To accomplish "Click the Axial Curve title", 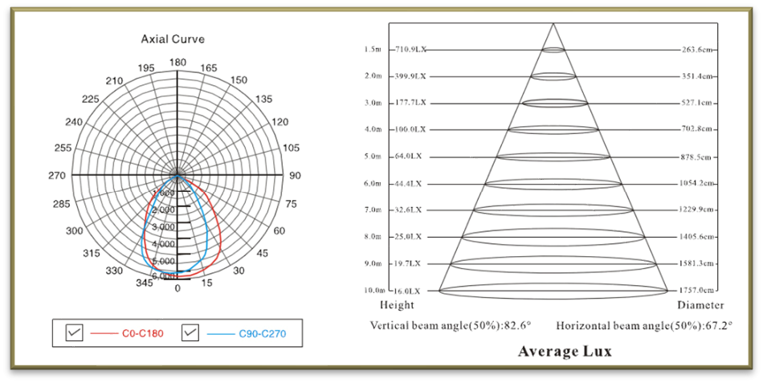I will pyautogui.click(x=172, y=39).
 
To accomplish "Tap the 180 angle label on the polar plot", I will pyautogui.click(x=177, y=63).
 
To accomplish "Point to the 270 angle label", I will pyautogui.click(x=56, y=176).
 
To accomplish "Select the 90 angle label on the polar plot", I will pyautogui.click(x=295, y=176).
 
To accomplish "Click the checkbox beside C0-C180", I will pyautogui.click(x=75, y=332).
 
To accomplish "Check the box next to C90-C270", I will pyautogui.click(x=190, y=332).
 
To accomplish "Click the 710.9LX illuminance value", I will pyautogui.click(x=410, y=50).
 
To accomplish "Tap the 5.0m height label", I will pyautogui.click(x=372, y=157).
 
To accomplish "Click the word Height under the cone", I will pyautogui.click(x=397, y=305).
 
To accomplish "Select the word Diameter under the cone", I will pyautogui.click(x=700, y=305).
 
